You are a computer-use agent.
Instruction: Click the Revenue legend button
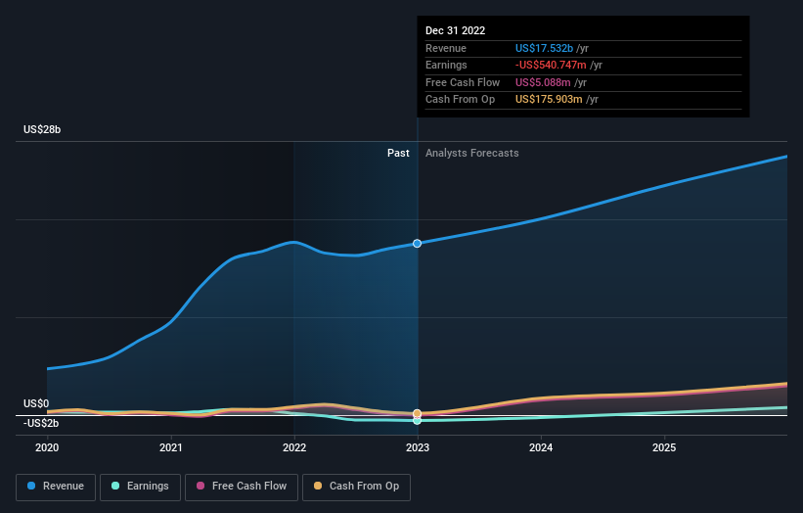click(x=56, y=487)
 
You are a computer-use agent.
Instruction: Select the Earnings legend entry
click(x=140, y=487)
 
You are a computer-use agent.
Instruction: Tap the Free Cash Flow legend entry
click(x=242, y=487)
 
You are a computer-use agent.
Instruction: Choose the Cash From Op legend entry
click(x=356, y=487)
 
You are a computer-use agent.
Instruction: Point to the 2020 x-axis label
click(x=47, y=448)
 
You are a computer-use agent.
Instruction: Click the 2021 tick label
click(x=170, y=448)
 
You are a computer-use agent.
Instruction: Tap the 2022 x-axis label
click(x=294, y=448)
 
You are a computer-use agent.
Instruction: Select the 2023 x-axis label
click(x=418, y=448)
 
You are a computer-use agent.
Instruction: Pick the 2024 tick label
click(x=541, y=448)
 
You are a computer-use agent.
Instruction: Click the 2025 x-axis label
click(x=664, y=448)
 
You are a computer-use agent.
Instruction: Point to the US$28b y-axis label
click(x=42, y=129)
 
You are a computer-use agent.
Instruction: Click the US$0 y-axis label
click(x=36, y=403)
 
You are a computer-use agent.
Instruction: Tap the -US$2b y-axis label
click(x=41, y=423)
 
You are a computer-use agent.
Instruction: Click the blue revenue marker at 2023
click(x=418, y=244)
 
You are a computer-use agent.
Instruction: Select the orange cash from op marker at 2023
click(x=418, y=413)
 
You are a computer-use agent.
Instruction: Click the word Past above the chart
click(x=398, y=154)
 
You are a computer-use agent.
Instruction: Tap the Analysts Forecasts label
click(x=472, y=154)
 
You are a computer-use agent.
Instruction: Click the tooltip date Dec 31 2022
click(x=455, y=30)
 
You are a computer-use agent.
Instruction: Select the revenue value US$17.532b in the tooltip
click(x=544, y=48)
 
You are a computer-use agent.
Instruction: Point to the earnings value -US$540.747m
click(x=551, y=65)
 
